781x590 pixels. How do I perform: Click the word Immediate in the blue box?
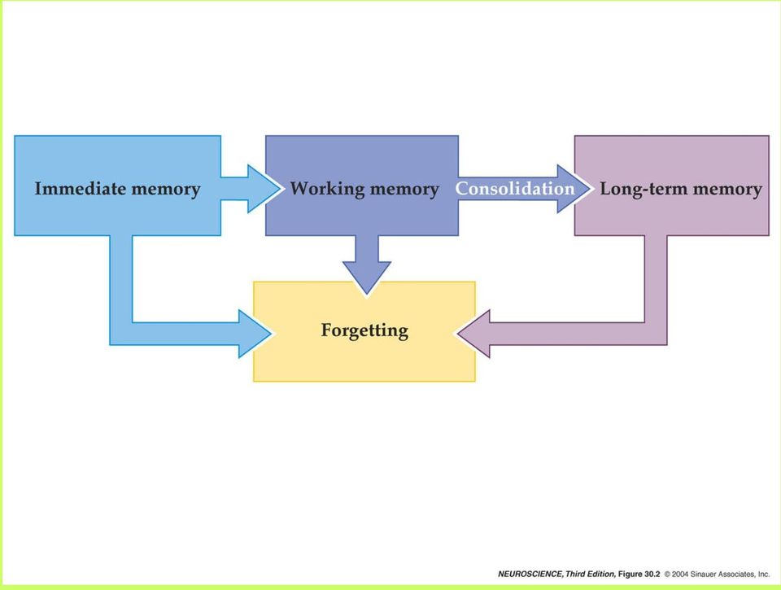(x=81, y=188)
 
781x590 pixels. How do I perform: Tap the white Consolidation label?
(x=515, y=188)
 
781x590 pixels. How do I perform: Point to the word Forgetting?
(x=364, y=331)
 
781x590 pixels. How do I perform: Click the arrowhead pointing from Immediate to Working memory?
(x=264, y=189)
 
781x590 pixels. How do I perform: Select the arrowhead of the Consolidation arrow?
(x=574, y=189)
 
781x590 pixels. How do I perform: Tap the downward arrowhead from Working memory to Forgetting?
(x=367, y=278)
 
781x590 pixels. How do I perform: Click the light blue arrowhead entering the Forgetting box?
(x=255, y=334)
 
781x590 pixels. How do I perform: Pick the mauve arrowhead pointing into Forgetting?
(x=473, y=334)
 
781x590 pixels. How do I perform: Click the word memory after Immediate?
(x=166, y=190)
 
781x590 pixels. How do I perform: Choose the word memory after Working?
(x=404, y=190)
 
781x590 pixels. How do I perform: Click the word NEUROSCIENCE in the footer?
(x=530, y=574)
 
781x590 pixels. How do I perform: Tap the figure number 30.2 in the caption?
(x=652, y=574)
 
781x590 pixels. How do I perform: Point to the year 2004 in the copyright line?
(x=680, y=575)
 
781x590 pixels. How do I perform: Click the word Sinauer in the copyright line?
(x=703, y=575)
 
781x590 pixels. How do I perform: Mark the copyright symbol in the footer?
(x=667, y=575)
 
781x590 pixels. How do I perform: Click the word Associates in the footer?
(x=736, y=575)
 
